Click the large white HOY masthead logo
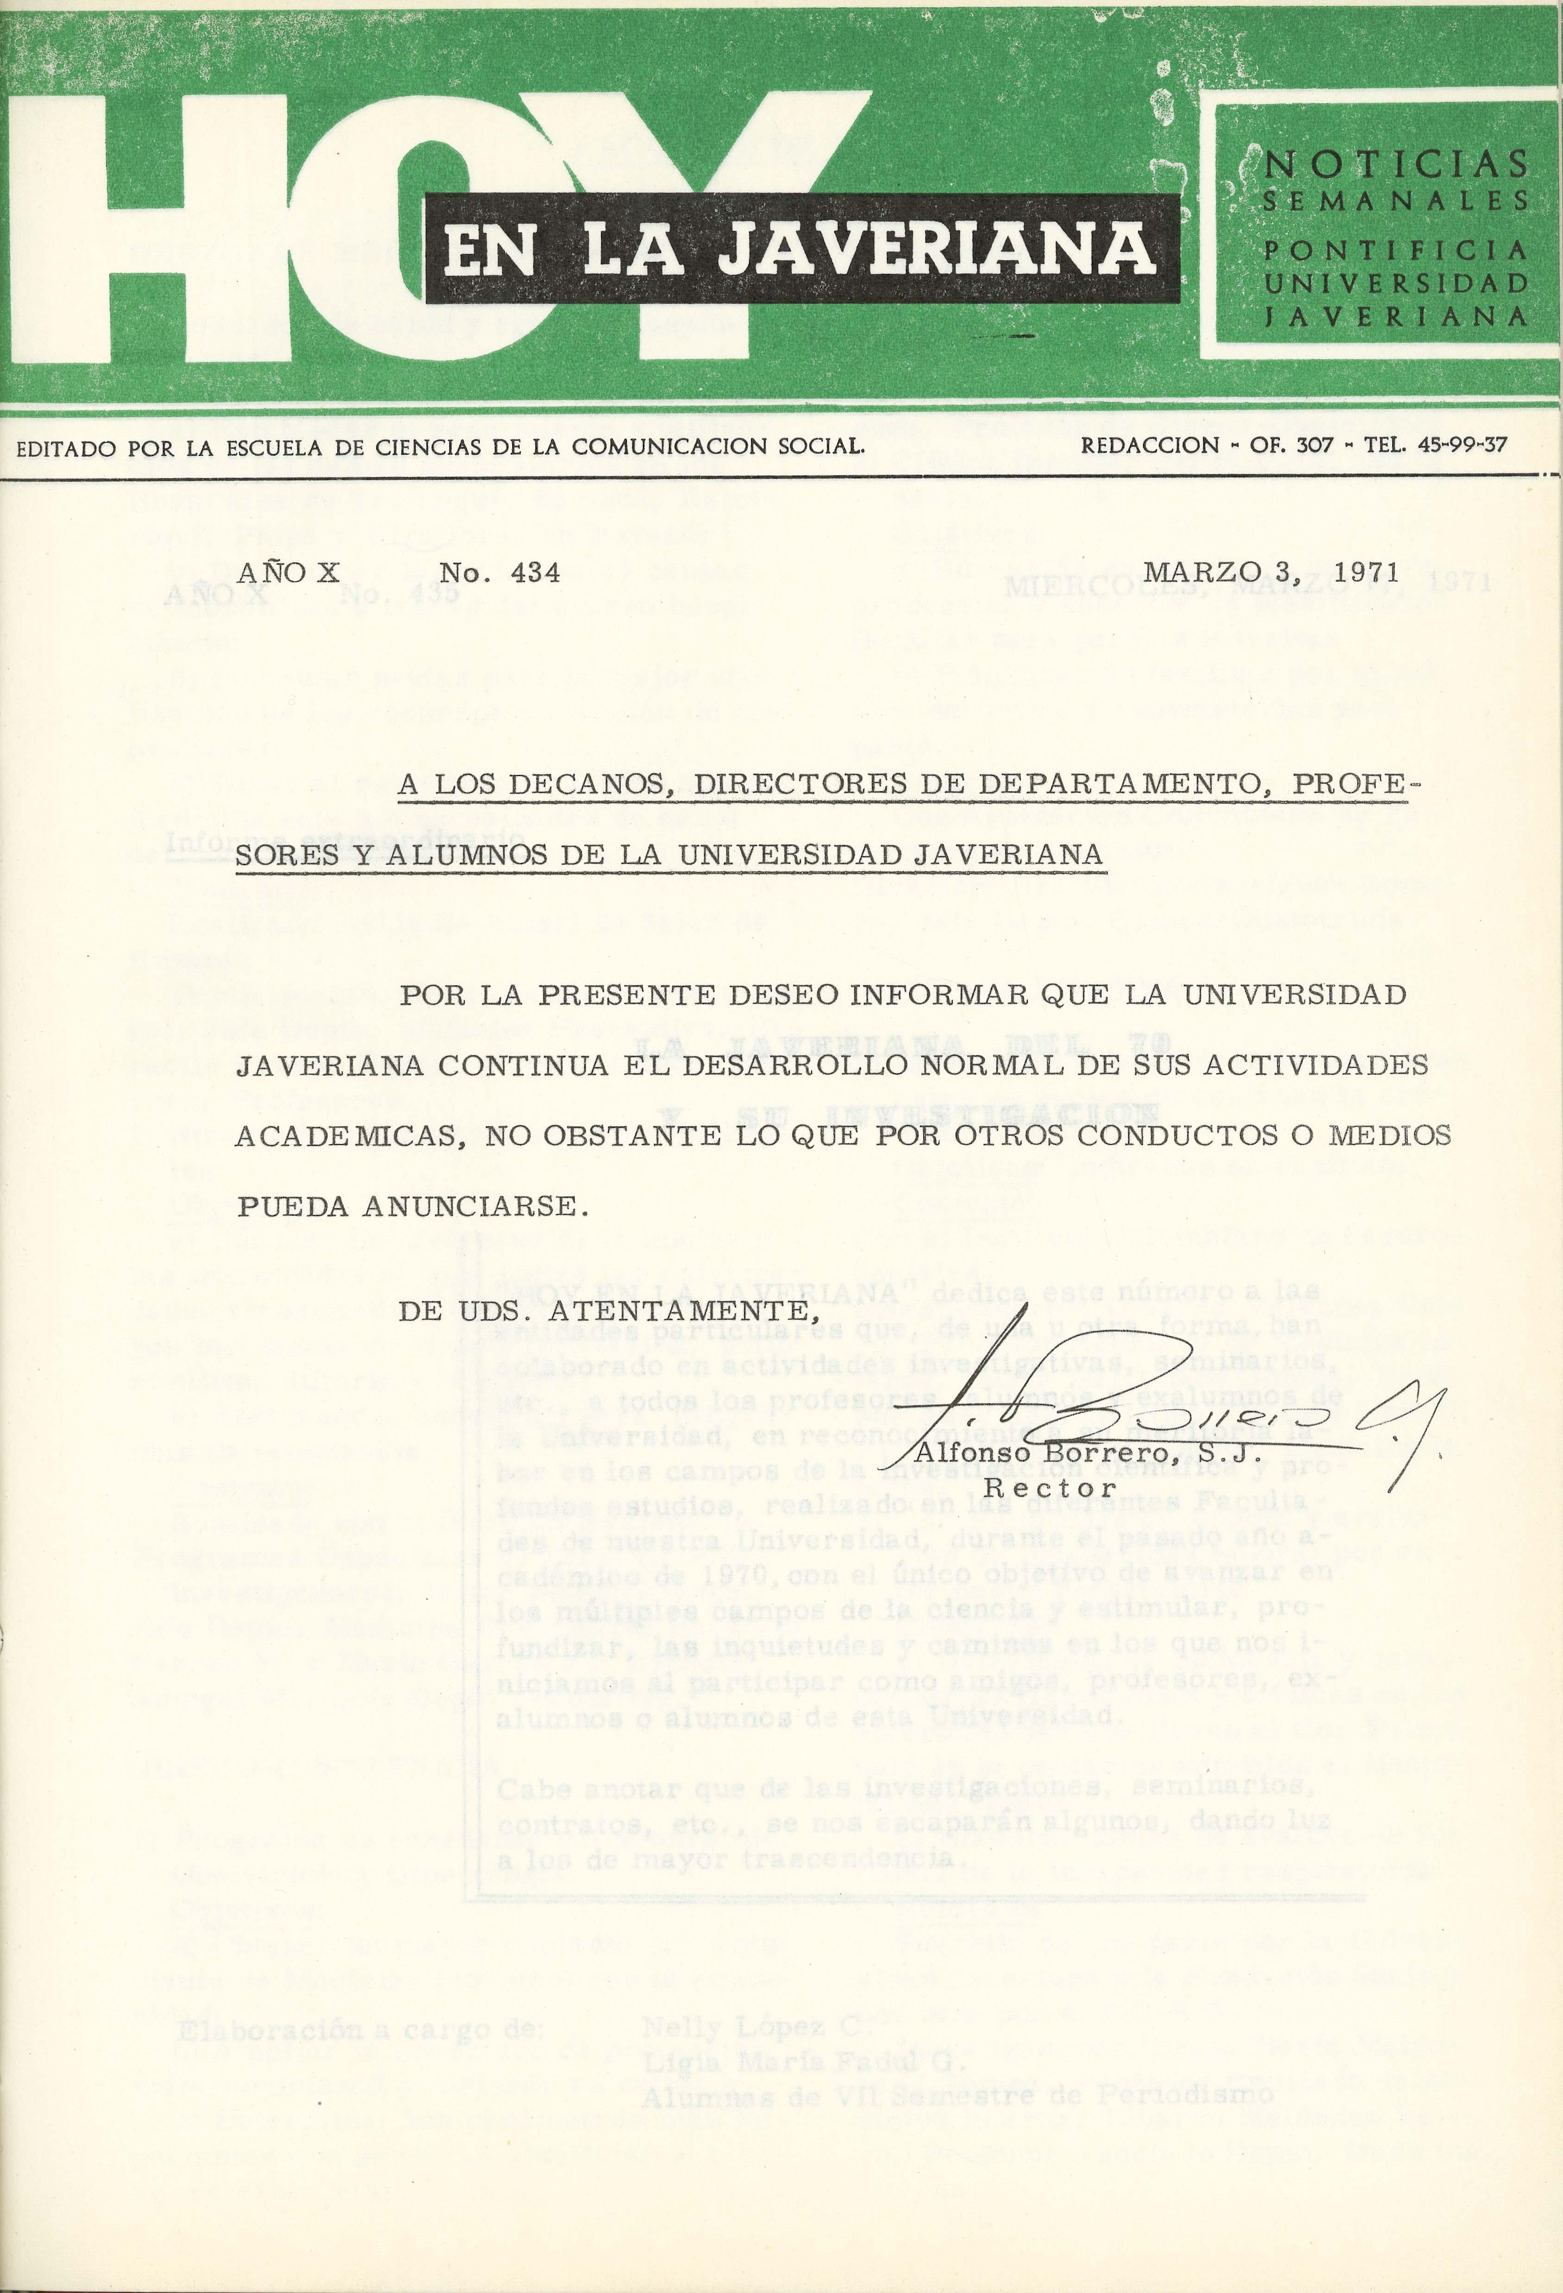pyautogui.click(x=414, y=227)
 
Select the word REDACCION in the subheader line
pyautogui.click(x=1150, y=445)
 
